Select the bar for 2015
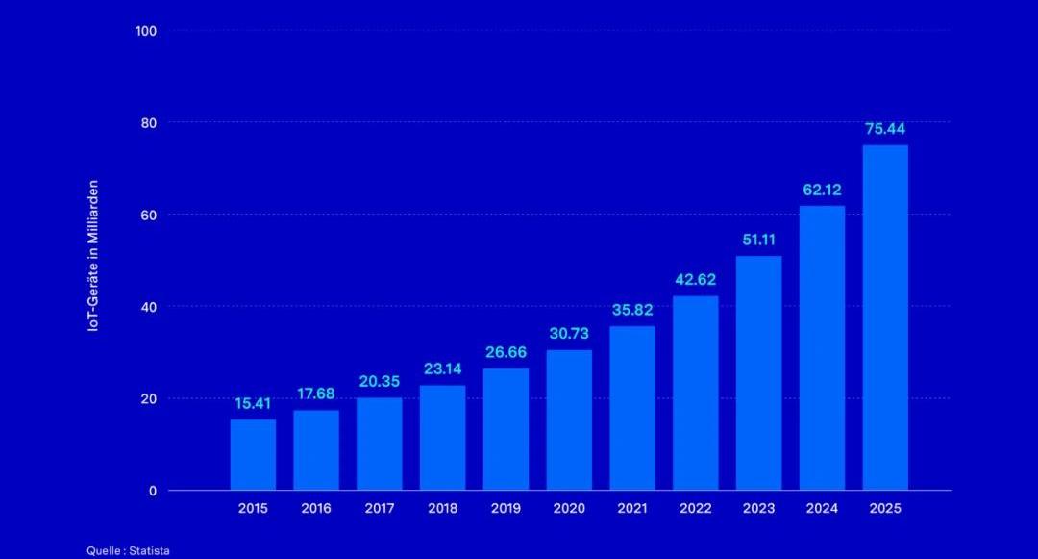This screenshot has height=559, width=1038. click(253, 454)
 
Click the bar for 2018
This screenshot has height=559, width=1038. click(442, 438)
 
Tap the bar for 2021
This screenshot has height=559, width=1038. click(632, 408)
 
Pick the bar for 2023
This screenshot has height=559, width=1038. click(759, 372)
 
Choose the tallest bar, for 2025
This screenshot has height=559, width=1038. click(885, 318)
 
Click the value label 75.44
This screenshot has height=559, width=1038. click(885, 129)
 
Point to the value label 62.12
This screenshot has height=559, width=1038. click(823, 190)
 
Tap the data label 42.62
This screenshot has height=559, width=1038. click(696, 280)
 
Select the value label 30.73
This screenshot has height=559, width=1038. click(569, 333)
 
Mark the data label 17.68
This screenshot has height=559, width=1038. click(316, 394)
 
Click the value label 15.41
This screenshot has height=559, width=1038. click(253, 403)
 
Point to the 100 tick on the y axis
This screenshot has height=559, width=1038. click(146, 31)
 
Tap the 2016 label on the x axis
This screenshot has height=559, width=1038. click(316, 509)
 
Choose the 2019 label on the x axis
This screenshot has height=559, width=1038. click(506, 509)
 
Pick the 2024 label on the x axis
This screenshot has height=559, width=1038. click(823, 509)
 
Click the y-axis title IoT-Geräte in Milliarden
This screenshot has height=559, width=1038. click(93, 257)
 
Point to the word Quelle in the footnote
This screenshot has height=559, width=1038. click(102, 551)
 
